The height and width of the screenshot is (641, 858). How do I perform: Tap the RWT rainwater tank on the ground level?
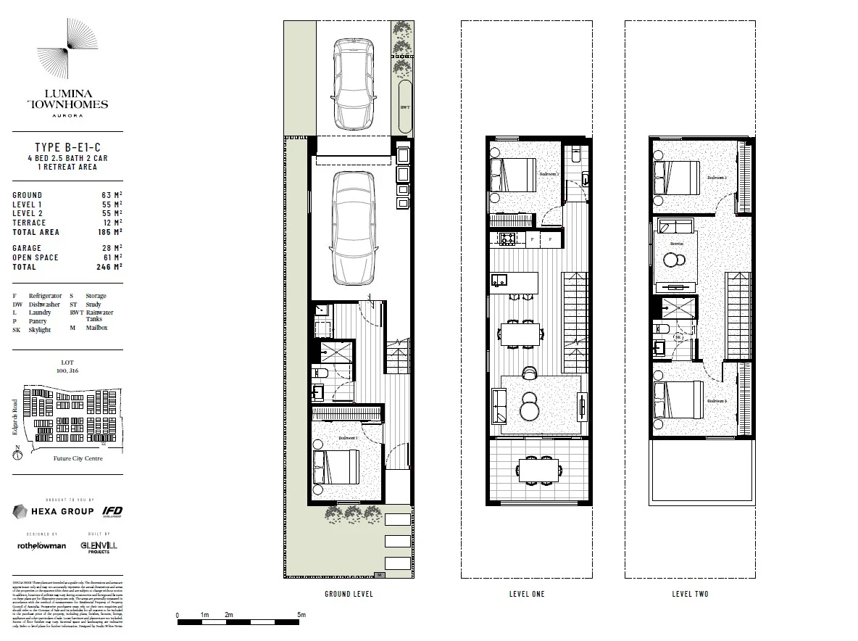[404, 107]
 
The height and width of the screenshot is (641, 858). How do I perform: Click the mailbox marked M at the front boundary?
[380, 574]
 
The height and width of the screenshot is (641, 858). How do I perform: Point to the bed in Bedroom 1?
[336, 466]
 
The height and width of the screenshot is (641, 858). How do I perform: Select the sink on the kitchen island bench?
[499, 279]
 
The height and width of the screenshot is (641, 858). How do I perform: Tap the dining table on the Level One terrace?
[538, 470]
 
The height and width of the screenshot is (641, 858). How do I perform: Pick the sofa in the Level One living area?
[499, 407]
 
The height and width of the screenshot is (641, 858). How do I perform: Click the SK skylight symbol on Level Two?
[679, 338]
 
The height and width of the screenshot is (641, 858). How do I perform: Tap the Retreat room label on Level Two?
[676, 244]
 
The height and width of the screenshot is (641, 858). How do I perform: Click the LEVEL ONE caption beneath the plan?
[527, 595]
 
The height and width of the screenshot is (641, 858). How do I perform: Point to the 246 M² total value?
[109, 267]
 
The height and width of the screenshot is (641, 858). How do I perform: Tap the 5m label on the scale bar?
[302, 615]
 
